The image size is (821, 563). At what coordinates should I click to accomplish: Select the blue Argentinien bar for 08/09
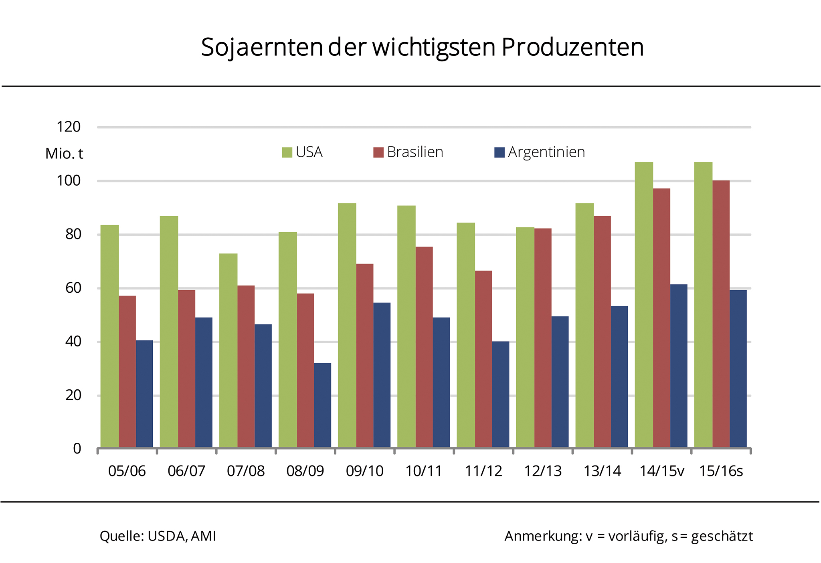coord(322,405)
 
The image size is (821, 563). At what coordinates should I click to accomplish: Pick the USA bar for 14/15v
coord(644,305)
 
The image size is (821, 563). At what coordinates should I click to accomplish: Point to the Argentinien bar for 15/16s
coord(738,369)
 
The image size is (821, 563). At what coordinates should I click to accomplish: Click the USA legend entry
coord(302,152)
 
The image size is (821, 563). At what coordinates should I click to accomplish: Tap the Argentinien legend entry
coord(540,152)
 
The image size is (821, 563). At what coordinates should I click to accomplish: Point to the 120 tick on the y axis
coord(69,127)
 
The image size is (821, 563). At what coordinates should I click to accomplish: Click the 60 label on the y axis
coord(73,288)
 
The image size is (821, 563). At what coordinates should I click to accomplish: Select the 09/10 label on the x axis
coord(364,471)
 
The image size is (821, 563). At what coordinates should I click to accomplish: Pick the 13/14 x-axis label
coord(602,471)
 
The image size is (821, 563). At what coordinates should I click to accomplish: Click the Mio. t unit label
coord(64,154)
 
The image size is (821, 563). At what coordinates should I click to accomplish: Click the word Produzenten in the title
coord(572,47)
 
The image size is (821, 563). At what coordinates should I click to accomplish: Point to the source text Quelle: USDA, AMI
coord(158,536)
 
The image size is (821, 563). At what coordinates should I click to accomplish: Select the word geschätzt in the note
coord(722,537)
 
